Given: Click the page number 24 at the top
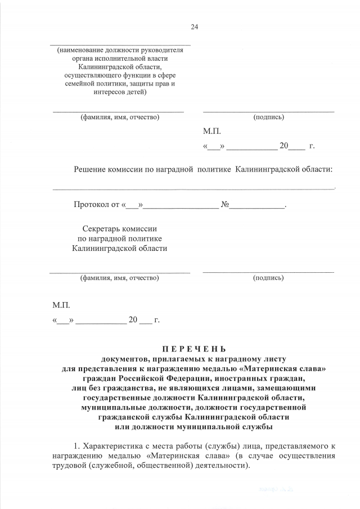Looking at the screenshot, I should (195, 26).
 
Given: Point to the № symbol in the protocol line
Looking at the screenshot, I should (224, 205).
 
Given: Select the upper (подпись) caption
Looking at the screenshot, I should (268, 118).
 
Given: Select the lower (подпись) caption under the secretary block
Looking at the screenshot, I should (268, 278).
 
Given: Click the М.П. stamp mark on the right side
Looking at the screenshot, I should (211, 132).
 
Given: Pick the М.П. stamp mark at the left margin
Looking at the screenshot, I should (61, 305).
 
